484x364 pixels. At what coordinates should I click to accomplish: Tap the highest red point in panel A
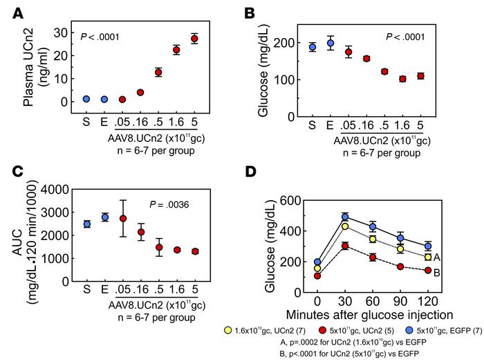click(x=194, y=39)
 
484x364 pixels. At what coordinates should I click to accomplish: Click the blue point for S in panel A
click(x=86, y=99)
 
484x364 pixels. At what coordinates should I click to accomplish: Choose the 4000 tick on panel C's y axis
click(x=57, y=189)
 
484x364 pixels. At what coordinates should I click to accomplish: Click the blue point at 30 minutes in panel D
click(x=344, y=217)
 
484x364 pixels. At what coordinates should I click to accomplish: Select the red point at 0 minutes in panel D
click(x=317, y=275)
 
